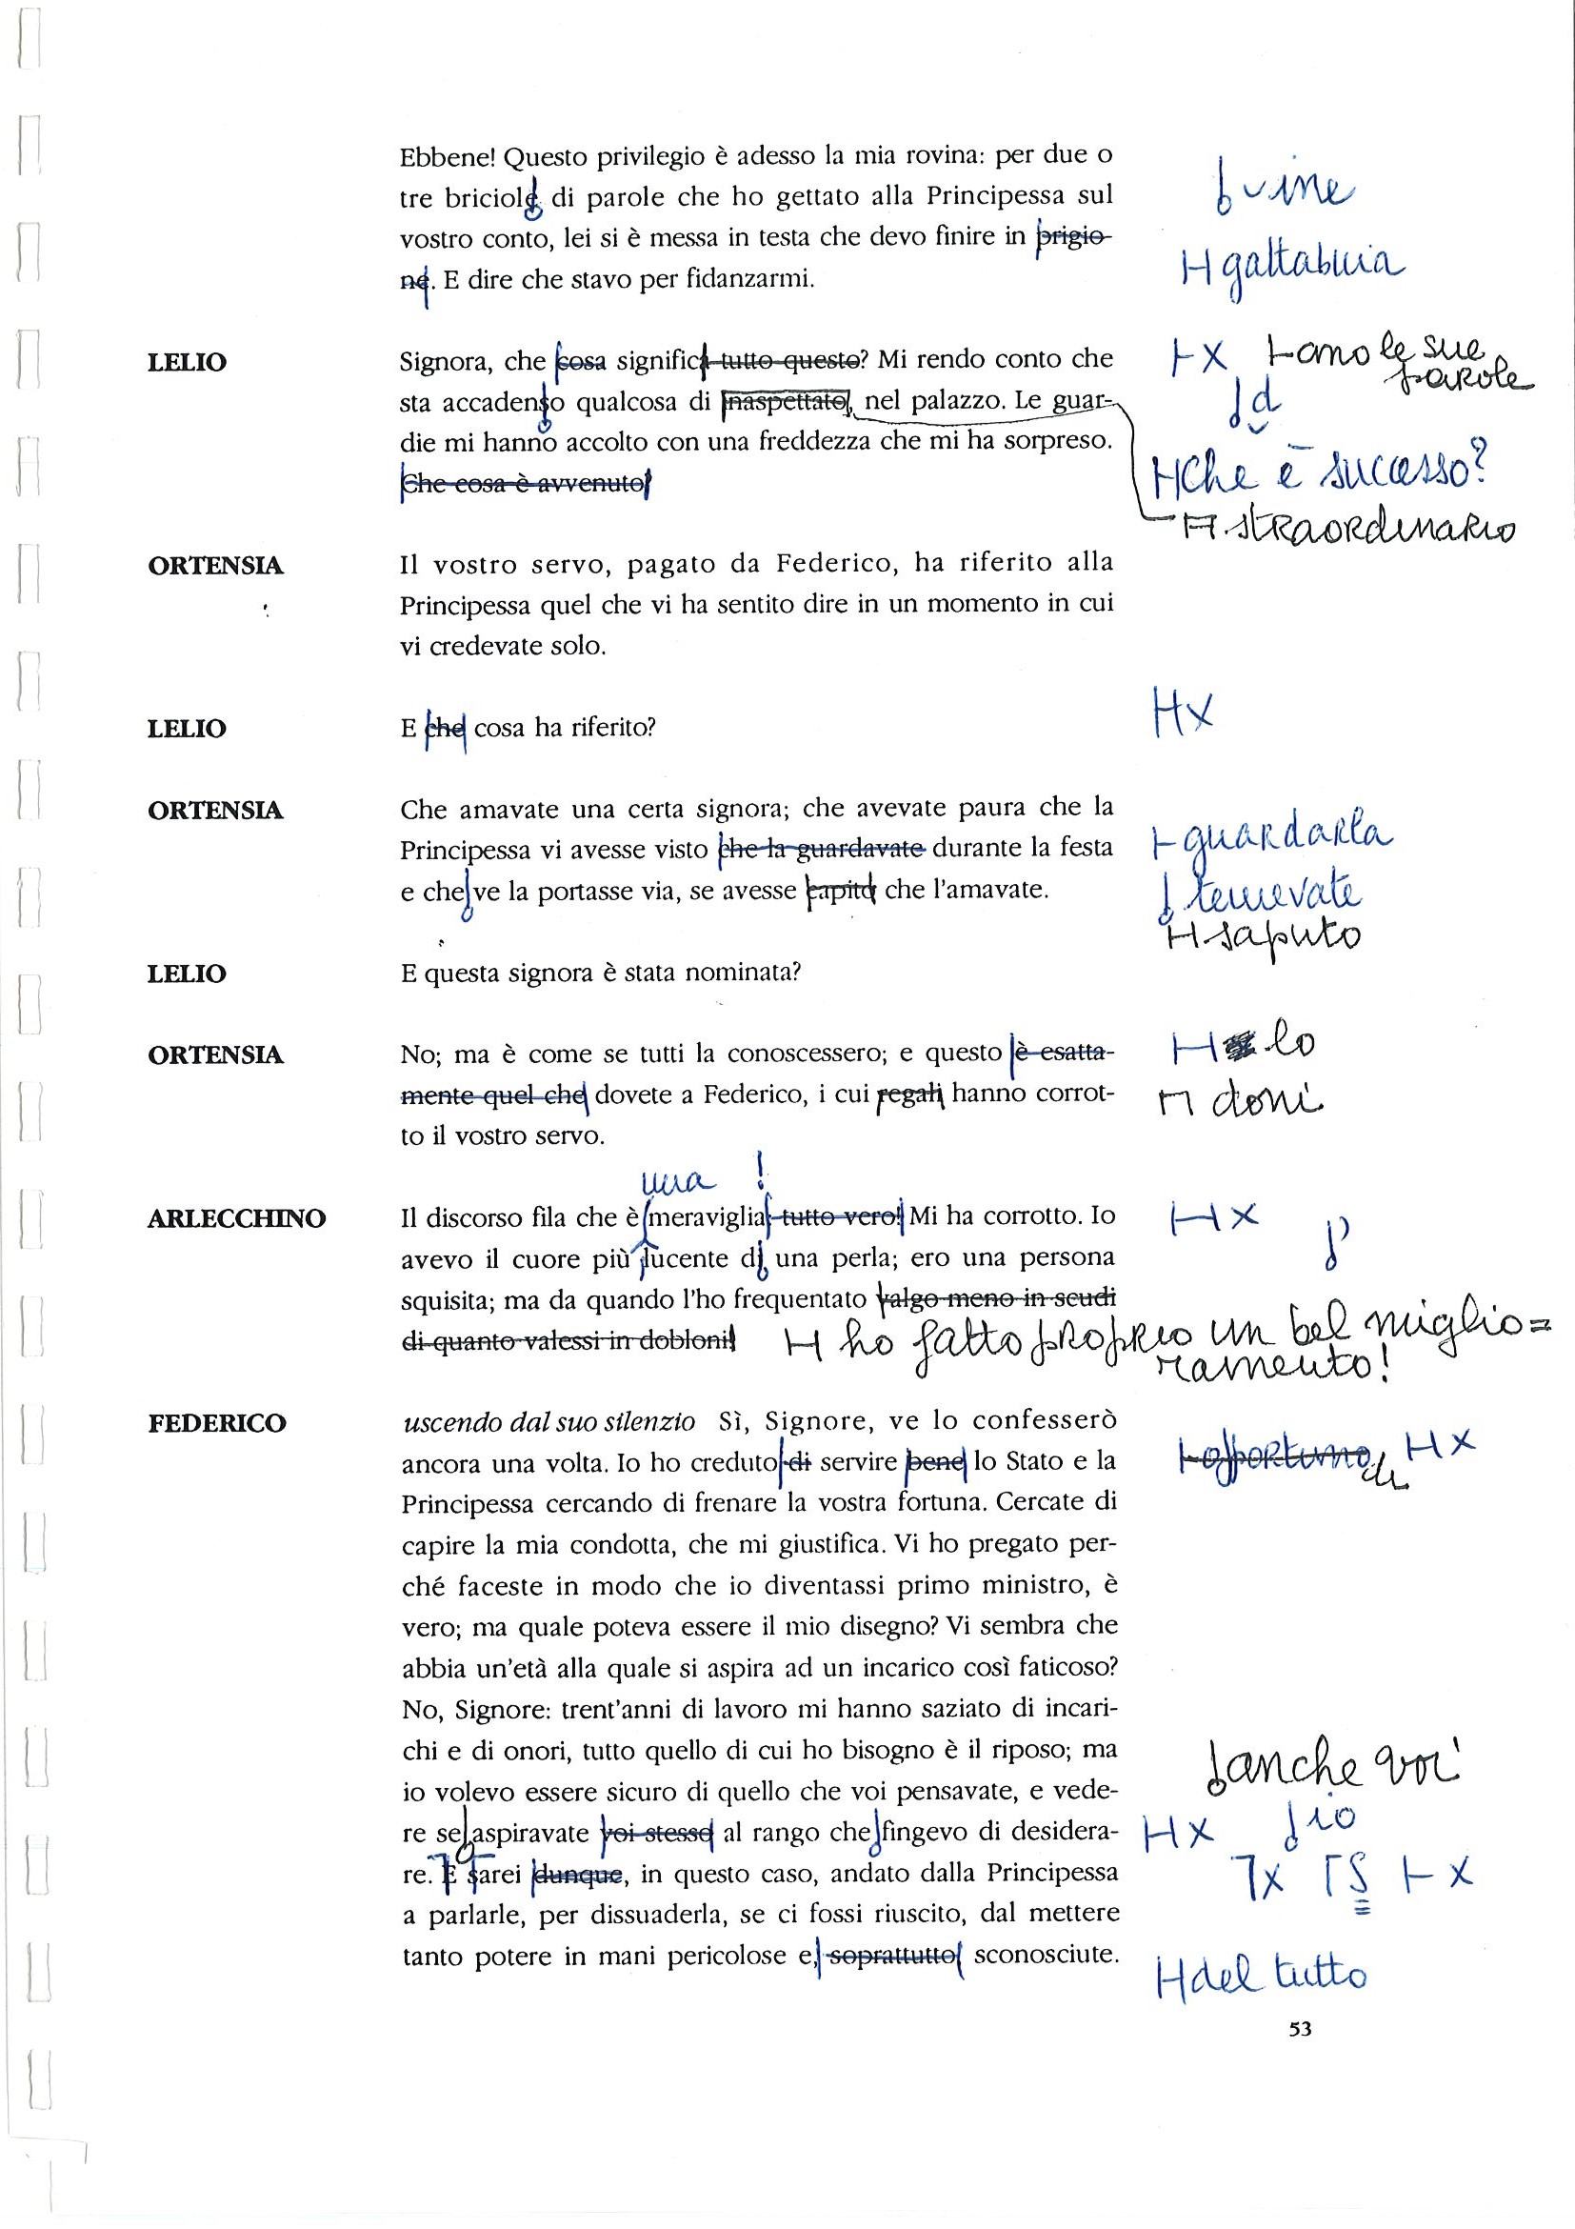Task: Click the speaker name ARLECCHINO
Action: (236, 1218)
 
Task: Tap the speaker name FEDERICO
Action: (216, 1423)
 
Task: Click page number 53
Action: (1301, 2028)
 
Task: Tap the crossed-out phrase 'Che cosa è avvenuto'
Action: (523, 484)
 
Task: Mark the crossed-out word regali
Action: (909, 1095)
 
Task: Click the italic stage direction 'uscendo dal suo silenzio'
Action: (548, 1423)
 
